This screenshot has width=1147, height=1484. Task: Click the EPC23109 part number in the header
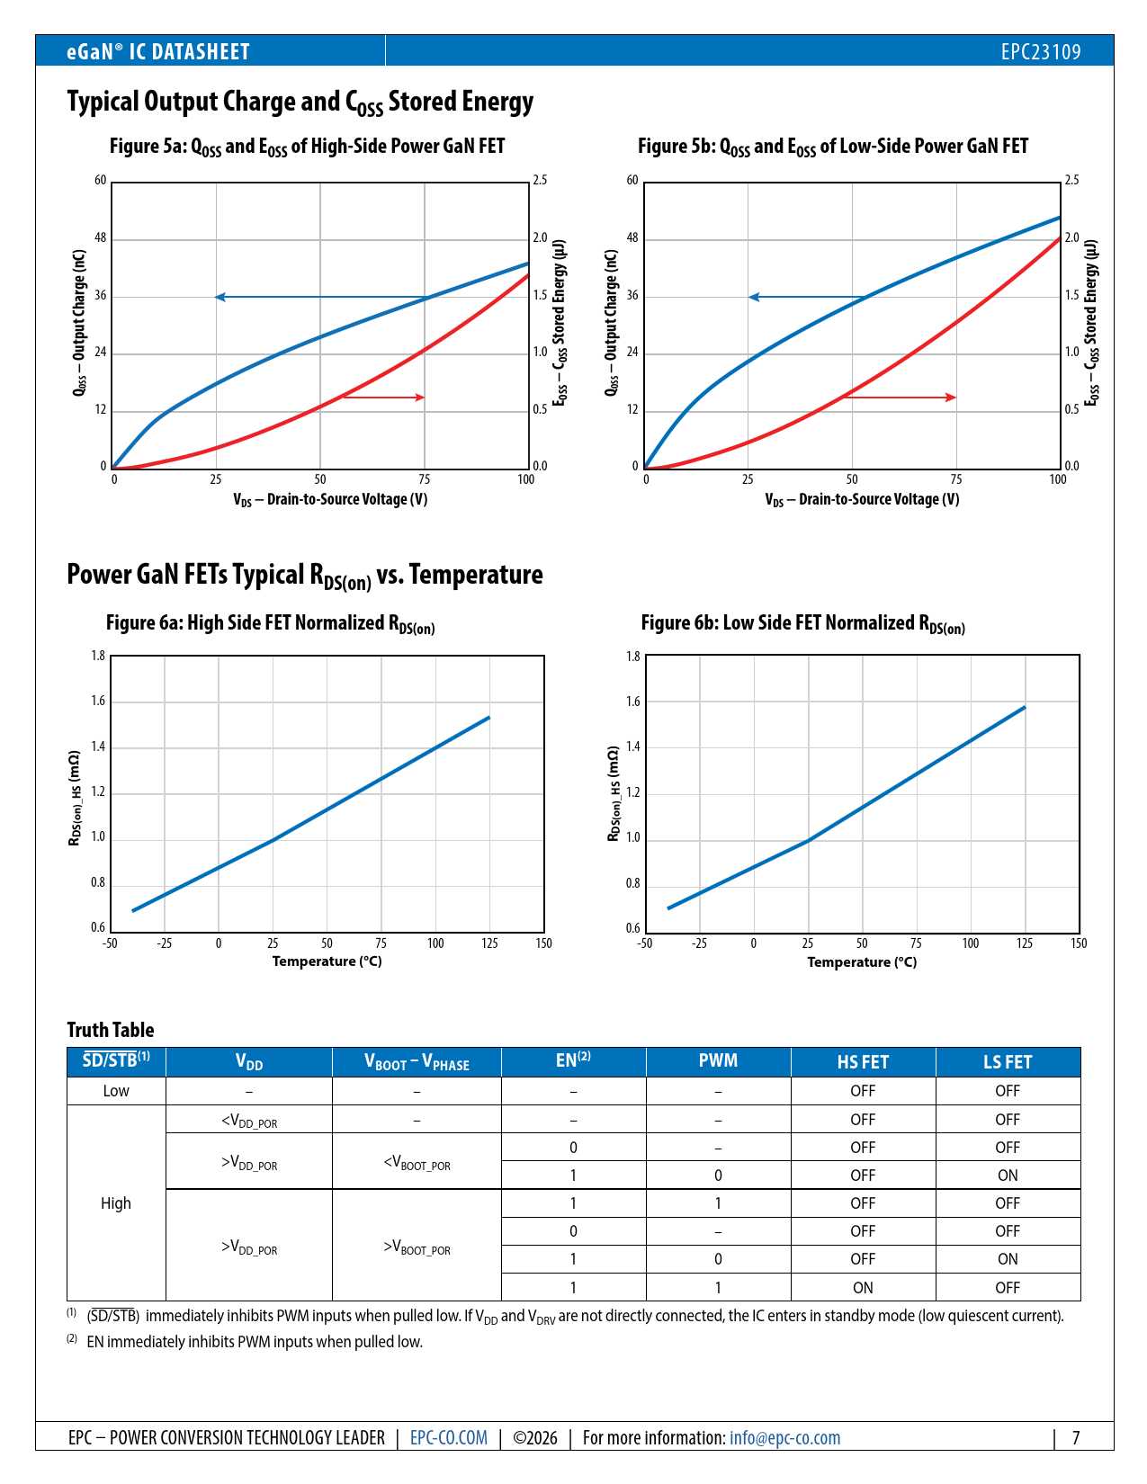[1040, 51]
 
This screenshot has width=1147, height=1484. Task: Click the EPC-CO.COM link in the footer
[448, 1437]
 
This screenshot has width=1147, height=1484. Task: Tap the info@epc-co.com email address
[784, 1437]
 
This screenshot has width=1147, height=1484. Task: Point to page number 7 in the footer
[1075, 1437]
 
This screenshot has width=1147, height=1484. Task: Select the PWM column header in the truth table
[718, 1061]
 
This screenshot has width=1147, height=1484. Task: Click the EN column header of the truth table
[573, 1061]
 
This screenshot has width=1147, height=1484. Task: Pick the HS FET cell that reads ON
[863, 1287]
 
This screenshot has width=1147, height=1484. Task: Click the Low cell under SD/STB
[116, 1091]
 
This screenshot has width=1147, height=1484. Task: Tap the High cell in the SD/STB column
[116, 1203]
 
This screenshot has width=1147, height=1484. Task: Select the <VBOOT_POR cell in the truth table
[417, 1162]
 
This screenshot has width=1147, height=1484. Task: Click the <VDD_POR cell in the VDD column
[249, 1121]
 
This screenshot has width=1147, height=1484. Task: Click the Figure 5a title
[307, 147]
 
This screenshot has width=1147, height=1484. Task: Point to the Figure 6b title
[802, 623]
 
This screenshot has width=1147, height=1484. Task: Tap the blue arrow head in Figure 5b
[754, 297]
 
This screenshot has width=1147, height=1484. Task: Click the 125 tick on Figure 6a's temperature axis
[489, 943]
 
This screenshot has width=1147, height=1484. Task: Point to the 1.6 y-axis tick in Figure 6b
[633, 702]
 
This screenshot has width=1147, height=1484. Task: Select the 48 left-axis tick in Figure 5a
[101, 238]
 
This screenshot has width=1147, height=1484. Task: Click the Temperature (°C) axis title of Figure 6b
[862, 962]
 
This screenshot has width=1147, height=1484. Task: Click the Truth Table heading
[111, 1030]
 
